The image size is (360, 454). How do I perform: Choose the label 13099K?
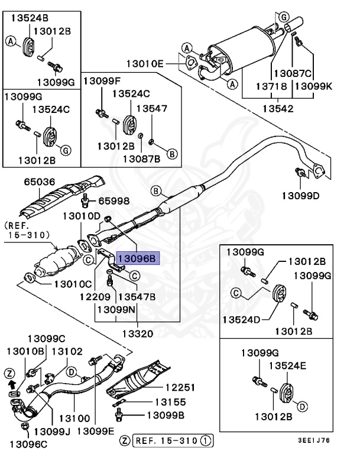coord(313,86)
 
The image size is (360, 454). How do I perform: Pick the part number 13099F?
coord(101,80)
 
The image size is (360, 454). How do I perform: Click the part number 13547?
coord(152,109)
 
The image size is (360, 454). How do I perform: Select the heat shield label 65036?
coord(40,183)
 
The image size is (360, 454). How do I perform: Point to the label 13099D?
coord(300,195)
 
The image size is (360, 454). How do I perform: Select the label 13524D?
coord(242,320)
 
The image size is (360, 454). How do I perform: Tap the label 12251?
coord(180,388)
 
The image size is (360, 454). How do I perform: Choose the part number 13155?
coord(171,402)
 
